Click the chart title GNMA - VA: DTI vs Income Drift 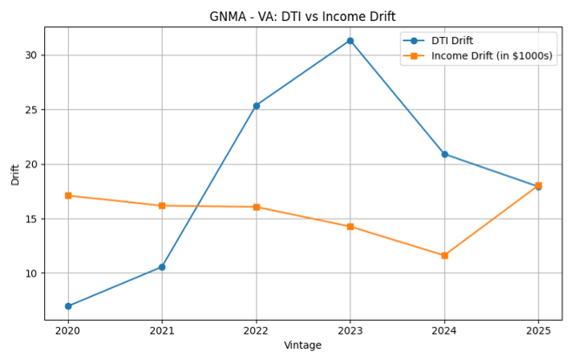(x=303, y=16)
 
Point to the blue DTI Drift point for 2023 (x=350, y=41)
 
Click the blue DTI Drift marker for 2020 (x=68, y=306)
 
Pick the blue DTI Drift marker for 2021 (x=162, y=267)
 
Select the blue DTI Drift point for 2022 (x=257, y=106)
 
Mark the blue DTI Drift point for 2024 (x=444, y=154)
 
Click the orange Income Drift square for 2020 (x=68, y=196)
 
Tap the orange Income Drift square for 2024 (x=444, y=256)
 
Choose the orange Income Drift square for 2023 (x=350, y=227)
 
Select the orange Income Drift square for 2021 (x=162, y=206)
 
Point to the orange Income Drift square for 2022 (x=257, y=207)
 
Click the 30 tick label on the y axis (x=31, y=55)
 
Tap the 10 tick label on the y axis (x=31, y=273)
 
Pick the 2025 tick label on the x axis (x=538, y=330)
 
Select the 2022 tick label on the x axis (x=257, y=330)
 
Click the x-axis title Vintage (x=303, y=346)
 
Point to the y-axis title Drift (x=15, y=174)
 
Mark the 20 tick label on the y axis (x=31, y=164)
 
